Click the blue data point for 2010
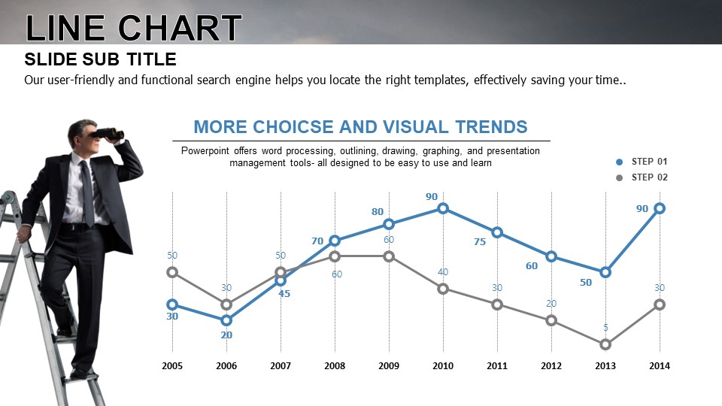click(x=443, y=208)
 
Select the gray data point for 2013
click(x=605, y=344)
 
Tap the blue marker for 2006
click(x=226, y=320)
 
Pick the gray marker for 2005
click(x=172, y=272)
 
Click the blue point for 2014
click(x=660, y=208)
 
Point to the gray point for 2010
click(x=443, y=289)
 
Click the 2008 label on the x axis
click(x=335, y=366)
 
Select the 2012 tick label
click(x=551, y=366)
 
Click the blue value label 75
click(x=480, y=242)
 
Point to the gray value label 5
click(x=605, y=328)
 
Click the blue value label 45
click(x=284, y=294)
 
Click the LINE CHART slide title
click(x=134, y=29)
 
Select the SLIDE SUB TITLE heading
click(x=100, y=60)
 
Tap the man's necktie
click(x=88, y=192)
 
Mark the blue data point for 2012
click(x=551, y=256)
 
